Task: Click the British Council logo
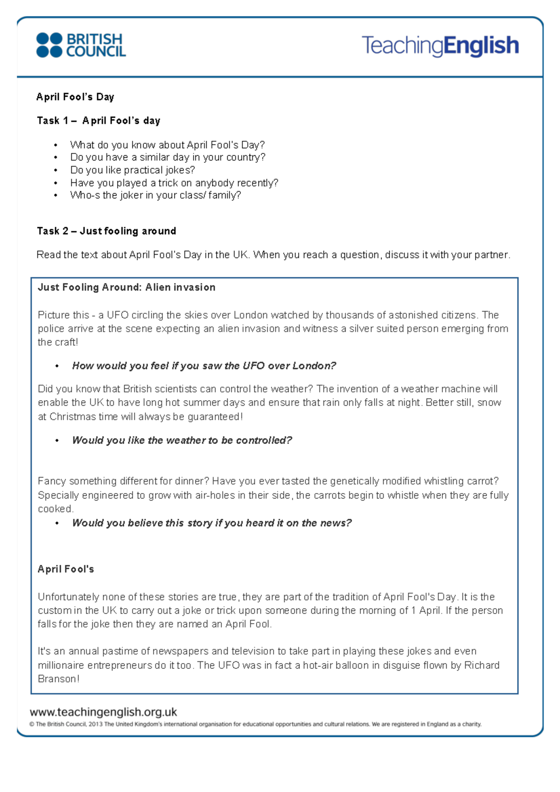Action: (81, 45)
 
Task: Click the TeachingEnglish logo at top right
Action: (440, 46)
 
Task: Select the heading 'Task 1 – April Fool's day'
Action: (98, 121)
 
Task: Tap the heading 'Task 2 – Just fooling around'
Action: (106, 231)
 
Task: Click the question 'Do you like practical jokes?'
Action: (133, 170)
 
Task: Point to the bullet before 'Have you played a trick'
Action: (56, 183)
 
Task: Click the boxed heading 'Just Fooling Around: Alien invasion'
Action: (126, 287)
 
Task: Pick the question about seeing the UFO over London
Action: (204, 366)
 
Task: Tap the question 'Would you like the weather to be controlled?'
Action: (182, 440)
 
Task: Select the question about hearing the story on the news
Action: (211, 523)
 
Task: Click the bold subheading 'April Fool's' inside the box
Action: (66, 569)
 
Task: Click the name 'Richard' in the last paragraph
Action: (482, 665)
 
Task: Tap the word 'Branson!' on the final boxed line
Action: (59, 679)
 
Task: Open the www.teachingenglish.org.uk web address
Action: (103, 712)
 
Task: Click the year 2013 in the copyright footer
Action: (95, 724)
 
